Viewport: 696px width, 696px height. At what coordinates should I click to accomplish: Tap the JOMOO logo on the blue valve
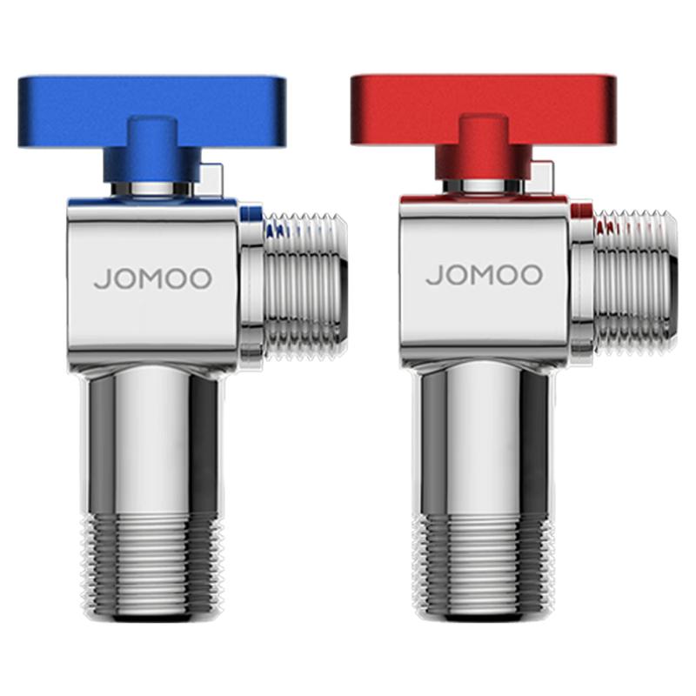pyautogui.click(x=153, y=278)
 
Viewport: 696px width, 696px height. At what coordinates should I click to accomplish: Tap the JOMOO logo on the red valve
pyautogui.click(x=485, y=275)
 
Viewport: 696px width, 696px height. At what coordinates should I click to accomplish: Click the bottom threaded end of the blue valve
pyautogui.click(x=152, y=569)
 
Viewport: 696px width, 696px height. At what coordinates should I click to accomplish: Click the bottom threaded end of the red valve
pyautogui.click(x=484, y=566)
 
